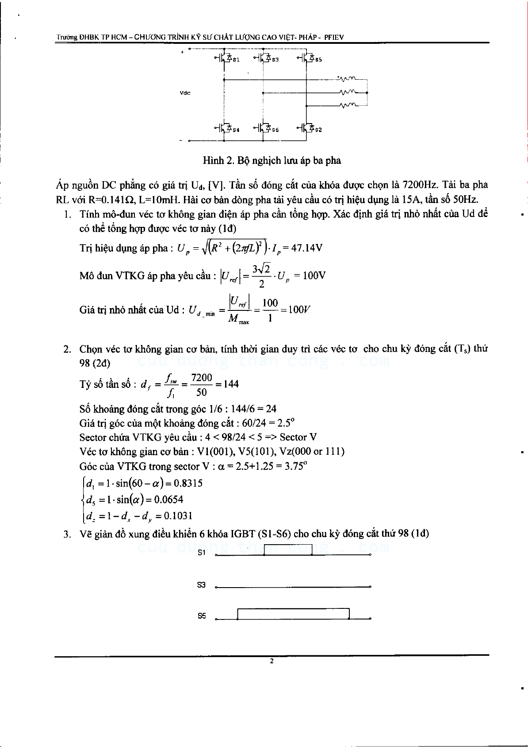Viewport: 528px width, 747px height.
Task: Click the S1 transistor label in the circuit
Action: coord(236,60)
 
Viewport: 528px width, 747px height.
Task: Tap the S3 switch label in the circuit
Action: coord(275,60)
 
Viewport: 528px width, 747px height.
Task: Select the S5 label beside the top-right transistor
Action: coord(318,60)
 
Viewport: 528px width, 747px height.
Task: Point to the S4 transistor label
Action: coord(236,130)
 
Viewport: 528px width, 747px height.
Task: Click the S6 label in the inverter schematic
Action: coord(275,130)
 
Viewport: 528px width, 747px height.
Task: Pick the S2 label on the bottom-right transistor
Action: coord(318,130)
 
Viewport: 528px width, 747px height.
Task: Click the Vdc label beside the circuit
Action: coord(185,93)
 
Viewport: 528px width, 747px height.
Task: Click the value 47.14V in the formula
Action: coord(307,248)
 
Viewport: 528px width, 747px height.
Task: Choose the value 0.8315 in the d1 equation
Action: coord(188,483)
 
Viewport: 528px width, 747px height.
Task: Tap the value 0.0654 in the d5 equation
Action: coord(168,499)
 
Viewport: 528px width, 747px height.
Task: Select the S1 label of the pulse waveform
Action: coord(202,553)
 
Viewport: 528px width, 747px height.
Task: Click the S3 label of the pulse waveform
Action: coord(201,585)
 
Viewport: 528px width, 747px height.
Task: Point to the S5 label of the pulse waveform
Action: coord(202,616)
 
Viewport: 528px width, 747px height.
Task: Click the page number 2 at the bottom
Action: coord(272,661)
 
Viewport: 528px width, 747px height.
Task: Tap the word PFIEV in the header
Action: coord(334,38)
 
